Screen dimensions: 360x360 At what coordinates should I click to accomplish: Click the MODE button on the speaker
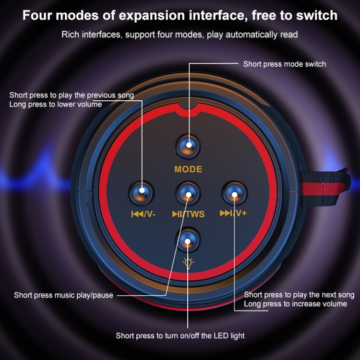coord(188,147)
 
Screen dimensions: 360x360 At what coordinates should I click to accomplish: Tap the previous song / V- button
coord(141,193)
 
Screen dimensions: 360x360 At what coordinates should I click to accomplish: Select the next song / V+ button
coord(234,193)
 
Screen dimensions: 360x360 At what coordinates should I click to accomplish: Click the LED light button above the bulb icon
coord(188,240)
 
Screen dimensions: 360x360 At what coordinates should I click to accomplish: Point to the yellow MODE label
coord(188,169)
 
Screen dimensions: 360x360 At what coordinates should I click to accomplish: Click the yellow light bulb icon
coord(188,263)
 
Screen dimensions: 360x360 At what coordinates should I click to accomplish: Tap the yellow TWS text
coord(195,214)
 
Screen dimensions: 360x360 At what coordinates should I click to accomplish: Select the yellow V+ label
coord(241,213)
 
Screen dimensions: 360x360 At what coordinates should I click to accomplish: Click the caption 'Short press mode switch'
coord(285,64)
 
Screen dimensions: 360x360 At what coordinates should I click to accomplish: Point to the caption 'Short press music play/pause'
coord(63,295)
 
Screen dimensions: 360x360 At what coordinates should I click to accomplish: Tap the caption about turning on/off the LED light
coord(180,336)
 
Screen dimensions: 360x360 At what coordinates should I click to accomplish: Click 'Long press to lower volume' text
coord(56,105)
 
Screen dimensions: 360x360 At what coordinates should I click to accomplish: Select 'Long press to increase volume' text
coord(296,304)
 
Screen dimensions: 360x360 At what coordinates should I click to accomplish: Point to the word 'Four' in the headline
coord(37,16)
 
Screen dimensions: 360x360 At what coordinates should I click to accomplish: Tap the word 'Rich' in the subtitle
coord(71,35)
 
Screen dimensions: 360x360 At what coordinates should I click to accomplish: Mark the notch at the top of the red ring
coord(188,108)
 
